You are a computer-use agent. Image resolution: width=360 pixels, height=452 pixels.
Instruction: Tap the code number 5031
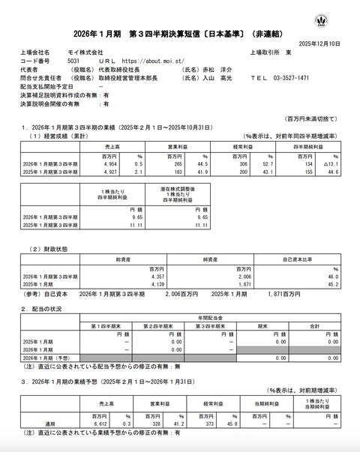(73, 60)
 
